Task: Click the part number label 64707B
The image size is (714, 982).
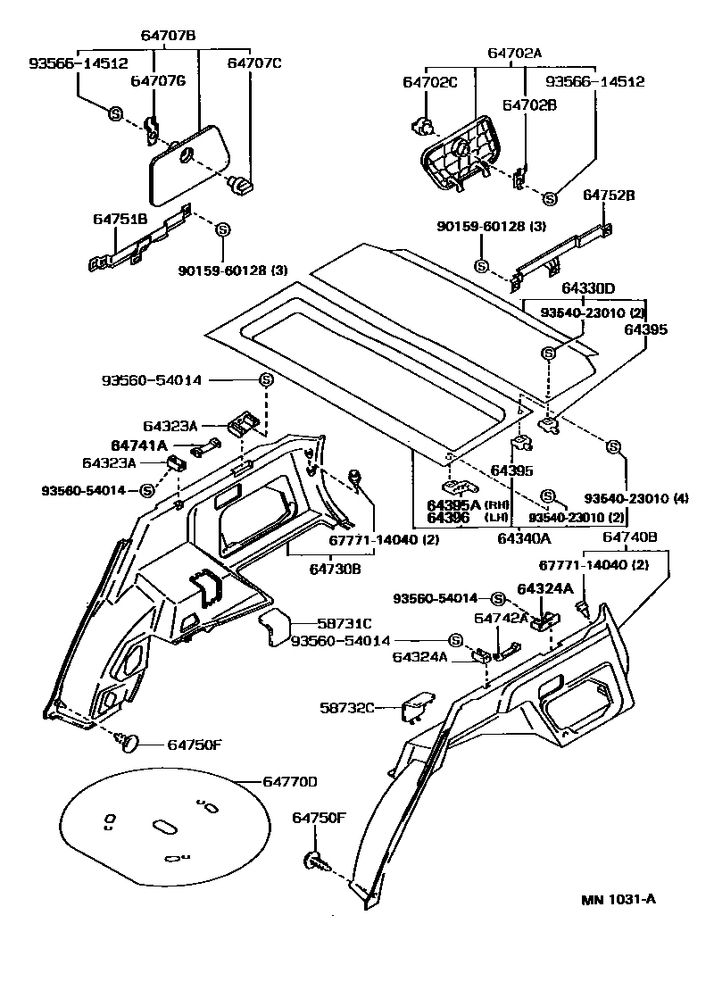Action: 168,36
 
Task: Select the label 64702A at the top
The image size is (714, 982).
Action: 514,53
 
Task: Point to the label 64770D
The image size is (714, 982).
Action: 290,782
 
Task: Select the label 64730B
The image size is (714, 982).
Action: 335,568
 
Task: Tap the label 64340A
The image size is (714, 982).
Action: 523,537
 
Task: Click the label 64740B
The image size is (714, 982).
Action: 629,537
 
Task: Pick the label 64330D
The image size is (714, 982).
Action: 589,288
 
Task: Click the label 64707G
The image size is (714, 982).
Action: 158,81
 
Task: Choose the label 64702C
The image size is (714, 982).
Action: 429,82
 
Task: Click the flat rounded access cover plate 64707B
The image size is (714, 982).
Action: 188,164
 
